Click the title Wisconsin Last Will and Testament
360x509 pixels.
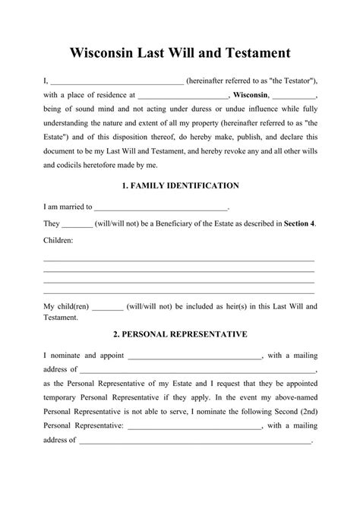[x=180, y=54]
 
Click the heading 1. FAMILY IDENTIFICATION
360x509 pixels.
[x=180, y=185]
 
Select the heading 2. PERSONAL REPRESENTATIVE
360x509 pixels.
[x=180, y=334]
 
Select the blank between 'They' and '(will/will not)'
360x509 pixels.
[x=77, y=223]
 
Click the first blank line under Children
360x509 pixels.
[x=179, y=261]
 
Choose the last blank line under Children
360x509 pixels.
[x=179, y=292]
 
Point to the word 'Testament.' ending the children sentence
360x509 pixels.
[x=61, y=318]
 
